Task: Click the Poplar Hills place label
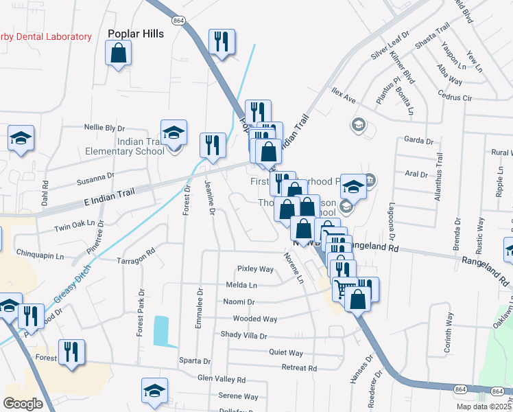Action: pos(136,33)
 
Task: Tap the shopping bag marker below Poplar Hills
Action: pos(119,54)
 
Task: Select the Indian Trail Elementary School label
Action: pos(121,146)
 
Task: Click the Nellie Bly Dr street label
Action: pos(104,128)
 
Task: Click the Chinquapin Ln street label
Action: pos(39,255)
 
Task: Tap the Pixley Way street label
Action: pos(255,268)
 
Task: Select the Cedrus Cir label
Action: pos(457,98)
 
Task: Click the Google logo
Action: pos(23,404)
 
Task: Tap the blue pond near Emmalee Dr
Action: pos(162,332)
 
